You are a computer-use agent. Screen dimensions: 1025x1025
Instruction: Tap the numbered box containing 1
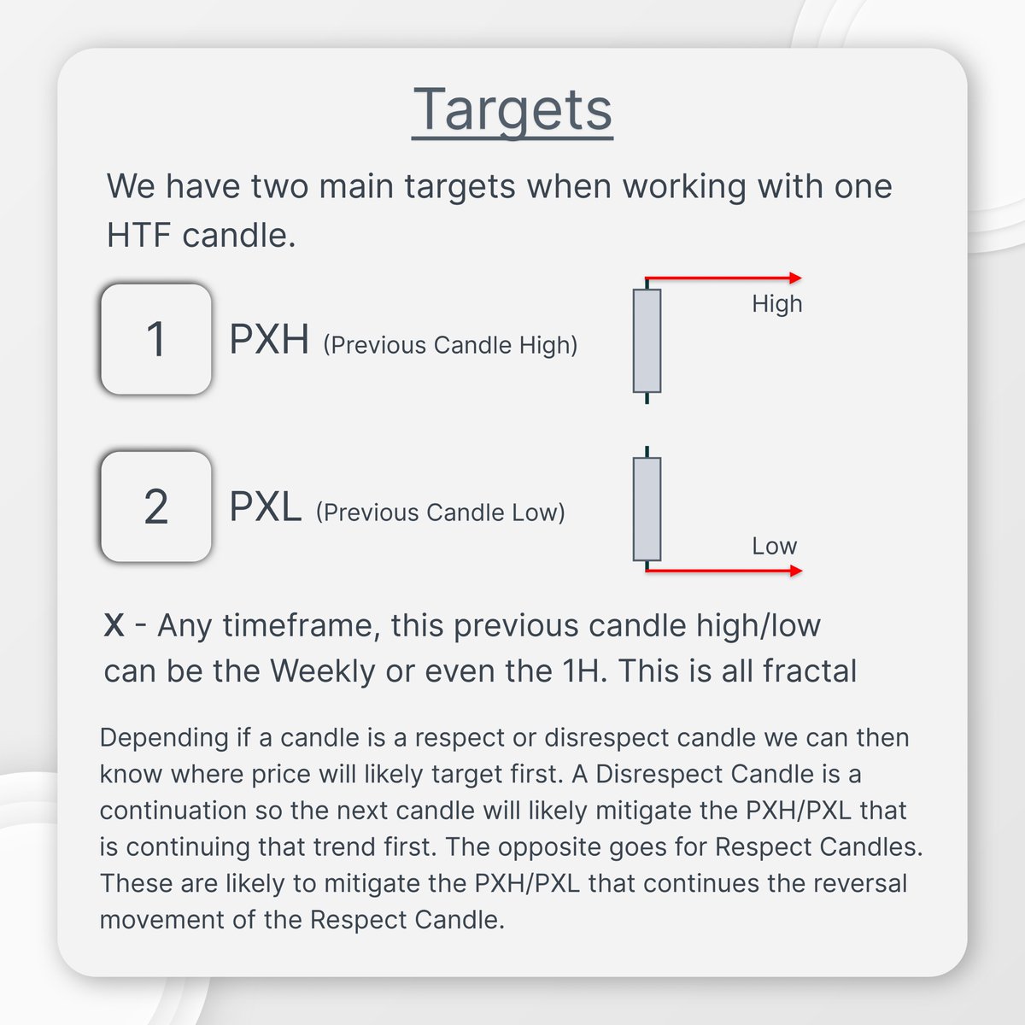(155, 339)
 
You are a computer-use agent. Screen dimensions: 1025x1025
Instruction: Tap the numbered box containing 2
(155, 507)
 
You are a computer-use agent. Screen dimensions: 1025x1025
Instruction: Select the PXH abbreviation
(269, 339)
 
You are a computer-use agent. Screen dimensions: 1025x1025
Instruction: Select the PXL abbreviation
(266, 507)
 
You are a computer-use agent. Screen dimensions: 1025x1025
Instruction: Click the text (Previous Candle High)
(450, 345)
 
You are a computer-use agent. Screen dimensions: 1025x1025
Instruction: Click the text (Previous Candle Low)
(441, 512)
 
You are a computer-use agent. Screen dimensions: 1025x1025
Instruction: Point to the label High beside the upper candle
(776, 304)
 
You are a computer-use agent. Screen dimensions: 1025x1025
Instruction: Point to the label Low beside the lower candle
(774, 546)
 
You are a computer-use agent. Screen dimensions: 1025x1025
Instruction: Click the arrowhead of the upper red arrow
(796, 278)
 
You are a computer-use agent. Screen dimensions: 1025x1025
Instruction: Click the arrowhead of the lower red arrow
(796, 571)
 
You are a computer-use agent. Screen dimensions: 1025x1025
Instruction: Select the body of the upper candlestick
(647, 341)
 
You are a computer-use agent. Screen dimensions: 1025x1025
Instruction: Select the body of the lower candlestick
(647, 509)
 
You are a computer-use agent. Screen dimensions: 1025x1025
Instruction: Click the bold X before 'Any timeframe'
(114, 625)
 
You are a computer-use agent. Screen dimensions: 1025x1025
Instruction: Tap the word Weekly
(322, 671)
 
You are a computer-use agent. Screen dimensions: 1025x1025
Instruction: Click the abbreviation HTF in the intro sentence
(139, 235)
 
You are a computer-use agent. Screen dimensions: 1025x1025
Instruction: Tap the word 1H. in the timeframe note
(585, 671)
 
